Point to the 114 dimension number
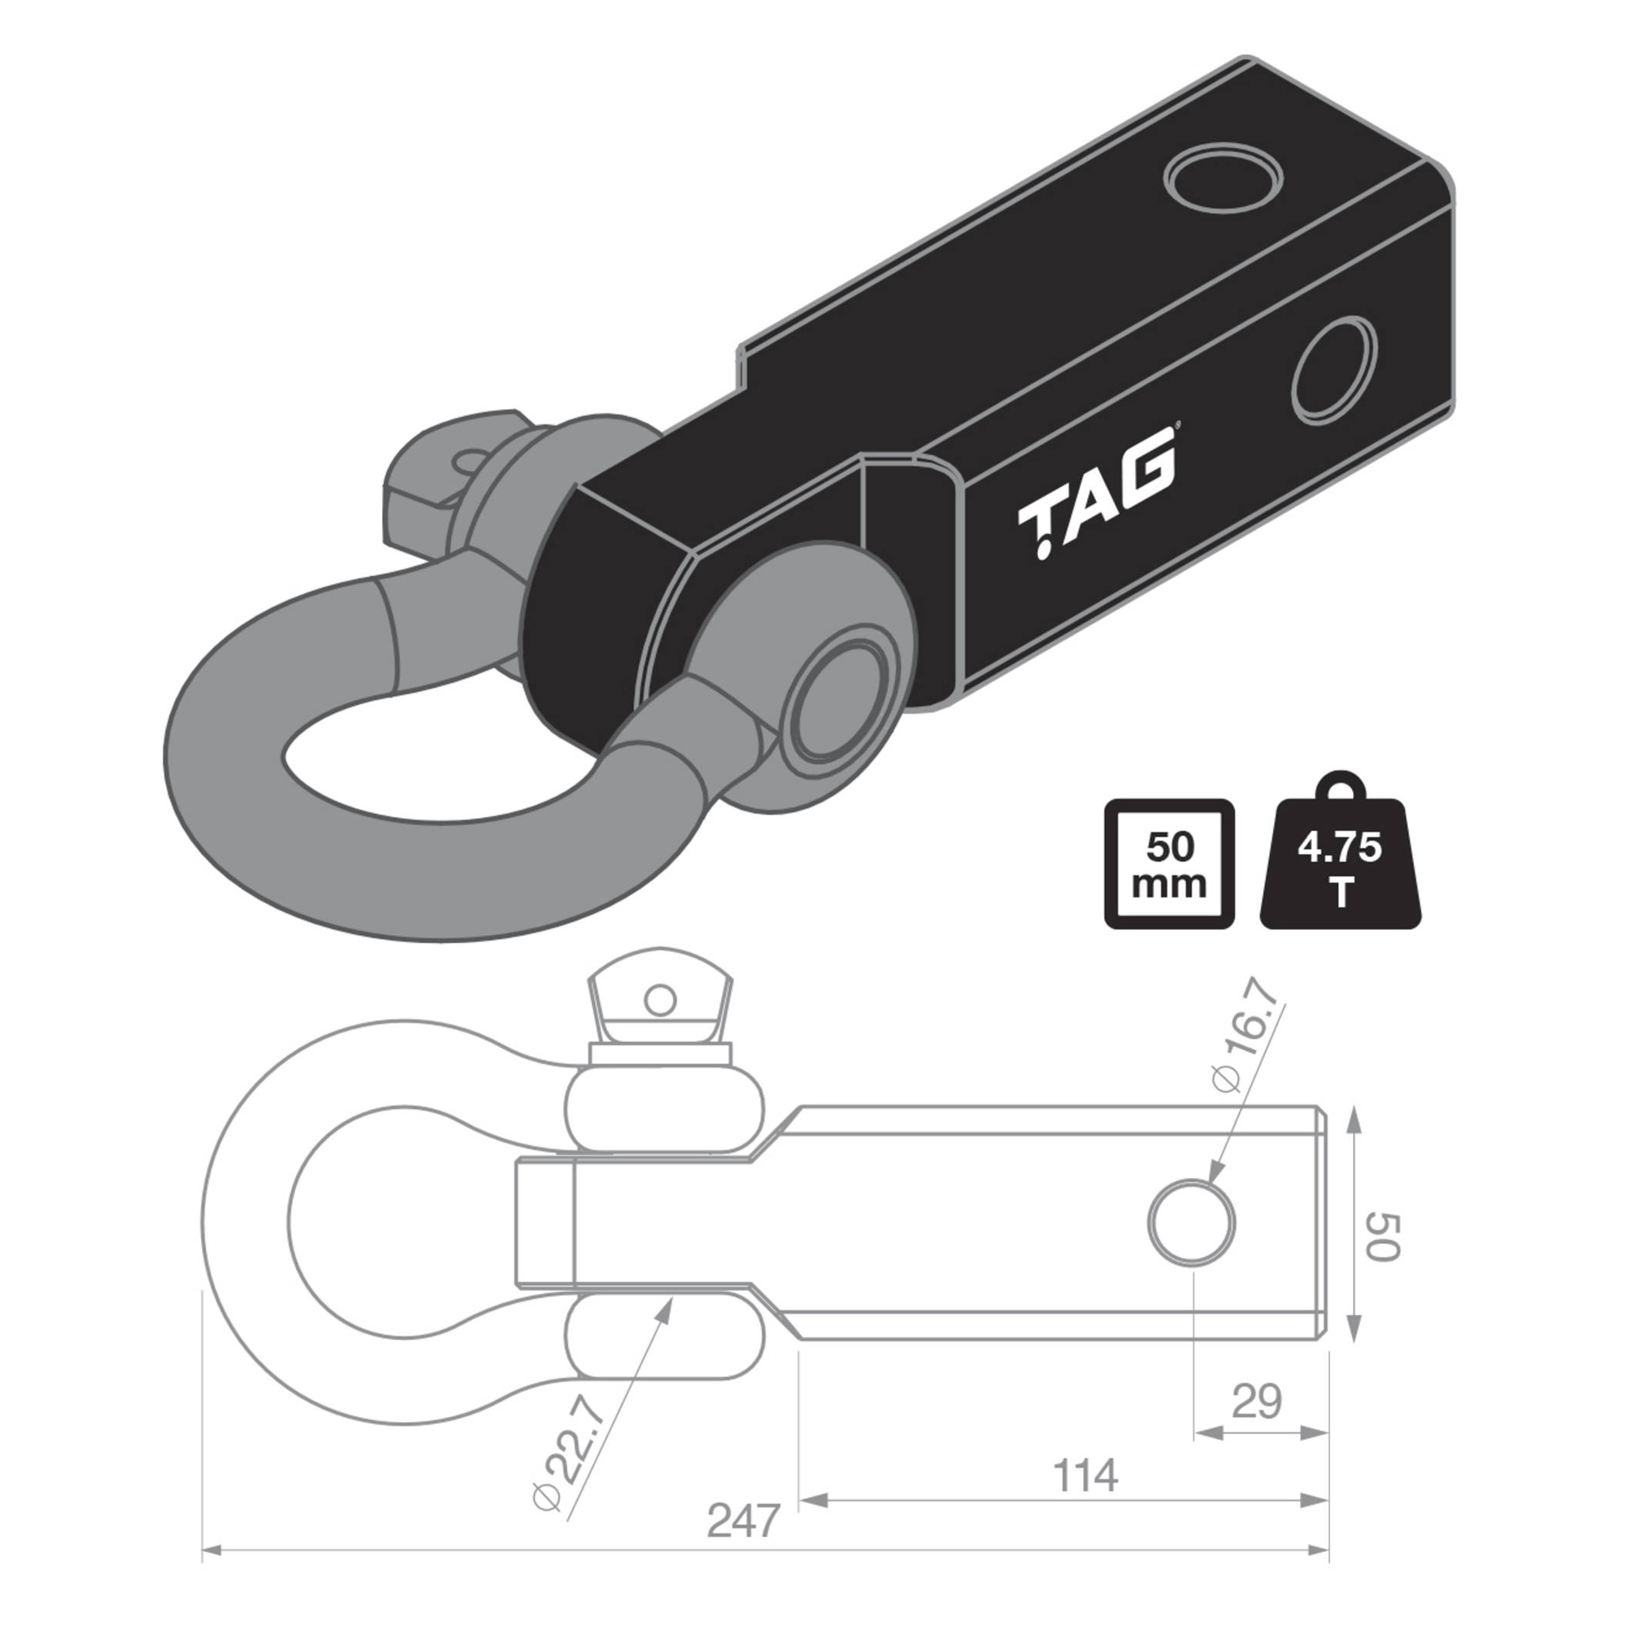click(x=1085, y=1475)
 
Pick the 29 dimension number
click(x=1257, y=1402)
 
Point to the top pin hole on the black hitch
click(x=1223, y=183)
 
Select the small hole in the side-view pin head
click(x=662, y=1002)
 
